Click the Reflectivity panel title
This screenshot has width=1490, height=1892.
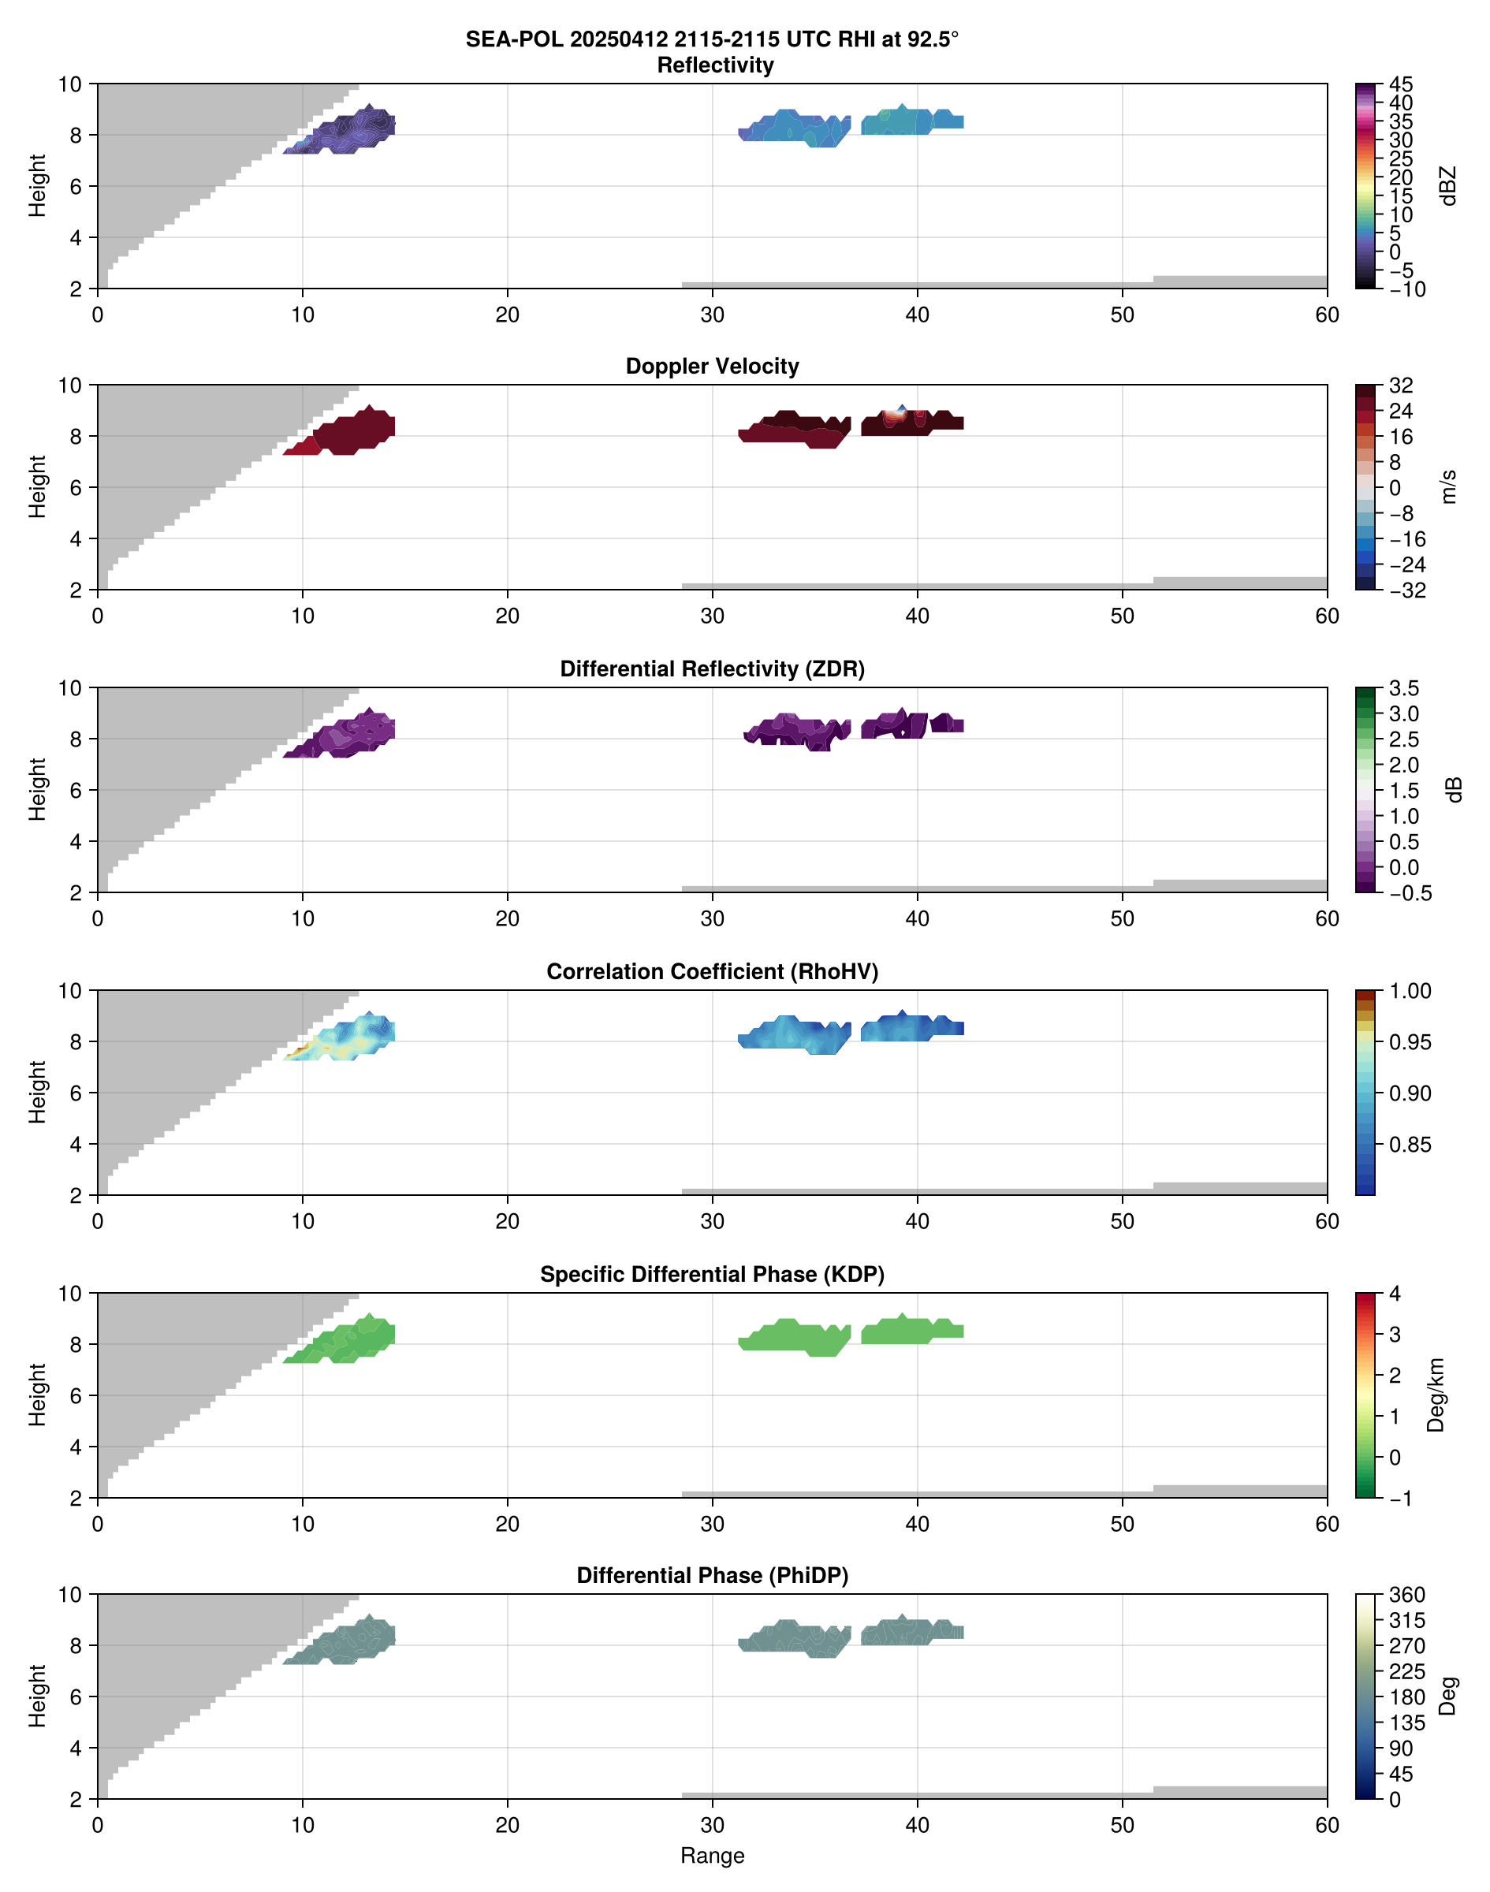coord(715,65)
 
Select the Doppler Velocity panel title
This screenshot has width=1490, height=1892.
coord(712,367)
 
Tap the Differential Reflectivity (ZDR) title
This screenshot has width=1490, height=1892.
coord(712,669)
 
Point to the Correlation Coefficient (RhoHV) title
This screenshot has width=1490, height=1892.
coord(712,972)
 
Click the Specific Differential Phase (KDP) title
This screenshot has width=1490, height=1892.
coord(712,1275)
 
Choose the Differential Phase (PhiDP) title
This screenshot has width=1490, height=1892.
coord(712,1575)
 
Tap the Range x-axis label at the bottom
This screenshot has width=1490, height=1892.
coord(712,1856)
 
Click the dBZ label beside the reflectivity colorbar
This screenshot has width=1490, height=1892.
coord(1448,186)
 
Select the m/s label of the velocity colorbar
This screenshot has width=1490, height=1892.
coord(1448,486)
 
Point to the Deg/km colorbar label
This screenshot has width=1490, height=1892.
coord(1435,1395)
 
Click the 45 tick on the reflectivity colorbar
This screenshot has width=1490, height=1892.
coord(1401,84)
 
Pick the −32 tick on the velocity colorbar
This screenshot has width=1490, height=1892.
coord(1406,590)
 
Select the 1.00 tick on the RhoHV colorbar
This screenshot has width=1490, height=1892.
coord(1410,991)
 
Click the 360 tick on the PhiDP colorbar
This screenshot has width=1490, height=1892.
coord(1407,1596)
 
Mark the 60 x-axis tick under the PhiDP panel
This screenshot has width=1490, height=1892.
coord(1327,1825)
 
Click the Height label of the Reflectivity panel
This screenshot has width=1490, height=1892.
coord(36,186)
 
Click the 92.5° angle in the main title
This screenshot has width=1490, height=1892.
coord(931,39)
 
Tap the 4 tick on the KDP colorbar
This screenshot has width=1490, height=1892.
coord(1395,1294)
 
